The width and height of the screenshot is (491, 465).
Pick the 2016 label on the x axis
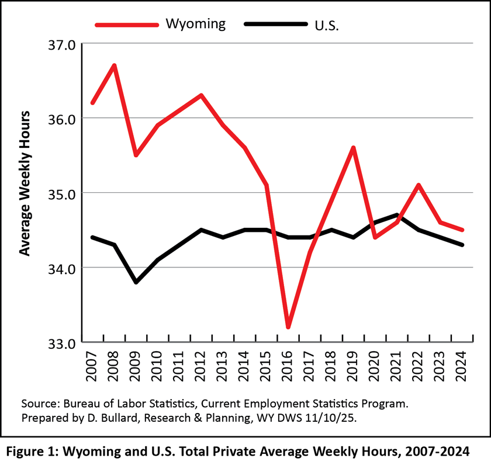(289, 366)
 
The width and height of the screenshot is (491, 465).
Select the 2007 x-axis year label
(92, 366)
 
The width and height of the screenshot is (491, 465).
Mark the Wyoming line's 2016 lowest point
(289, 327)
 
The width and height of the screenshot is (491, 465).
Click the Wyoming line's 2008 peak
(115, 65)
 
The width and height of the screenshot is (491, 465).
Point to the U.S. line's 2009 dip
(136, 282)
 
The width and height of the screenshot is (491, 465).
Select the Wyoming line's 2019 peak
(354, 148)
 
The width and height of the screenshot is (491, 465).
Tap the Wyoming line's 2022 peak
(419, 185)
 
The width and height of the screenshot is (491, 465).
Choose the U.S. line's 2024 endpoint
(462, 245)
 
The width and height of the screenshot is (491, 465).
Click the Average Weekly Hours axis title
(25, 182)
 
